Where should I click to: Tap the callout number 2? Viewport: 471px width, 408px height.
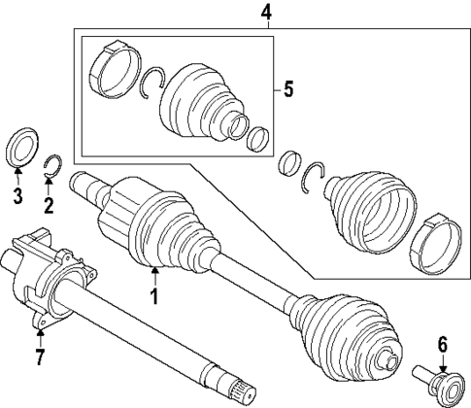coord(49,205)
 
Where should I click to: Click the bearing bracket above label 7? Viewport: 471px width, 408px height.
coord(44,277)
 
